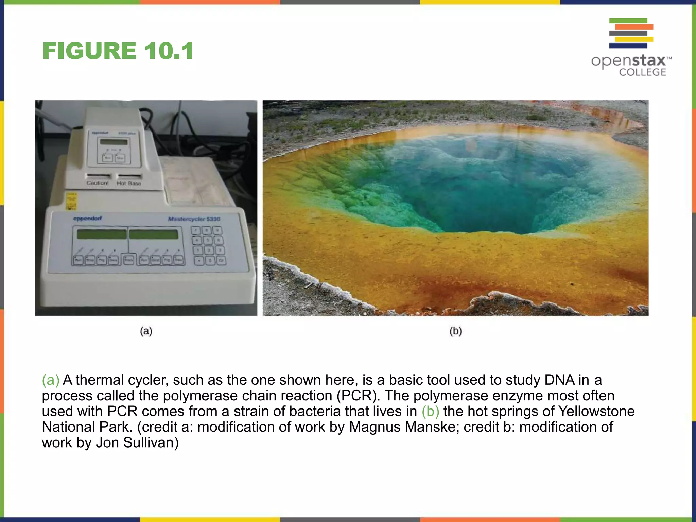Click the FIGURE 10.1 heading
point(118,51)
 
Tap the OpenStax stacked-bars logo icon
point(631,33)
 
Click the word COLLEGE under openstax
point(642,72)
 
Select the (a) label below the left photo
point(146,331)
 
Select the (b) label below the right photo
point(455,331)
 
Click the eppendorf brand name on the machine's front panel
point(88,218)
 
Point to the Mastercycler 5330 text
point(194,219)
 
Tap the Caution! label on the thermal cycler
point(98,183)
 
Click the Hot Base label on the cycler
point(129,183)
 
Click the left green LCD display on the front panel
point(102,234)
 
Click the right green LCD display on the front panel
point(154,234)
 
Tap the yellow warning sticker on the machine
point(71,201)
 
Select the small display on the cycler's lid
point(114,142)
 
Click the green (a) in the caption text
point(51,380)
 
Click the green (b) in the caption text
point(430,411)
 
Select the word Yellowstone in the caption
point(596,411)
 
